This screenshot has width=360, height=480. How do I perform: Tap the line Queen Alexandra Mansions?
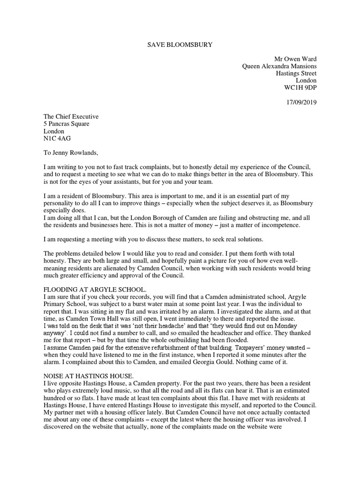tap(279, 66)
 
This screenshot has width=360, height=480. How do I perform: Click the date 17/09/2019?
tap(300, 102)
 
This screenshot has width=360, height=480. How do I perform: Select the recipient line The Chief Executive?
tap(71, 117)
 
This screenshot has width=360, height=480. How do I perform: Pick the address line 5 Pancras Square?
tap(66, 124)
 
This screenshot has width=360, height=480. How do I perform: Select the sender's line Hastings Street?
tap(296, 74)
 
